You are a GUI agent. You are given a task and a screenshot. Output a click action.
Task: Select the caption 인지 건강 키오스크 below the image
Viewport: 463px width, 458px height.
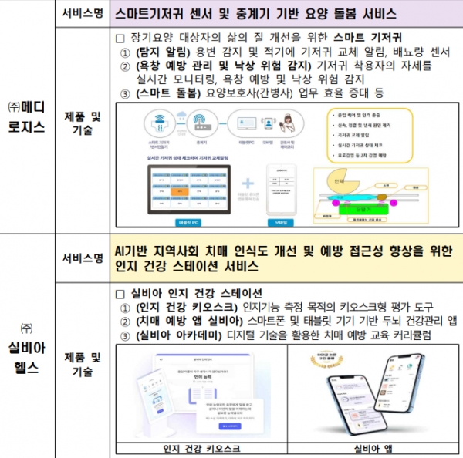coord(201,448)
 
